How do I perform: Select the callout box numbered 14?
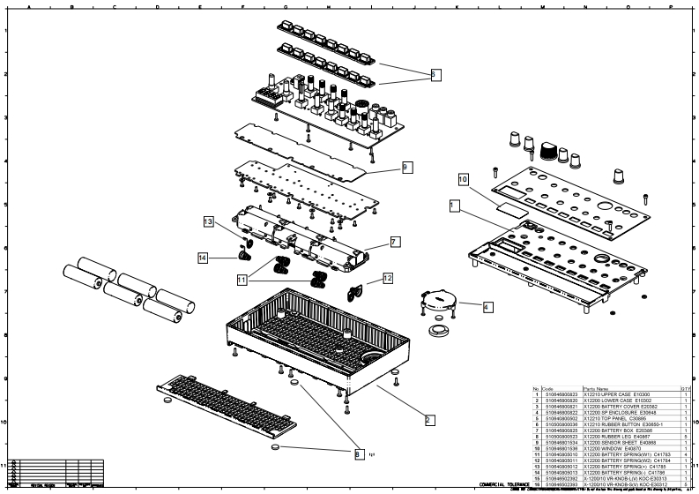click(x=202, y=258)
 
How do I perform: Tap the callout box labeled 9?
click(x=405, y=166)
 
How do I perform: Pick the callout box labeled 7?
click(x=395, y=240)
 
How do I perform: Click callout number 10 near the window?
click(x=463, y=179)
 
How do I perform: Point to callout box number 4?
click(x=487, y=306)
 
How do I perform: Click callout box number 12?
click(x=387, y=279)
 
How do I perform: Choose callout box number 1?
click(x=453, y=206)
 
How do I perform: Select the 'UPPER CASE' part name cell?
click(x=599, y=394)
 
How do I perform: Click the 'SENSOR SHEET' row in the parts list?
click(x=599, y=443)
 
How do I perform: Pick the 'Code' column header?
click(x=548, y=388)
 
